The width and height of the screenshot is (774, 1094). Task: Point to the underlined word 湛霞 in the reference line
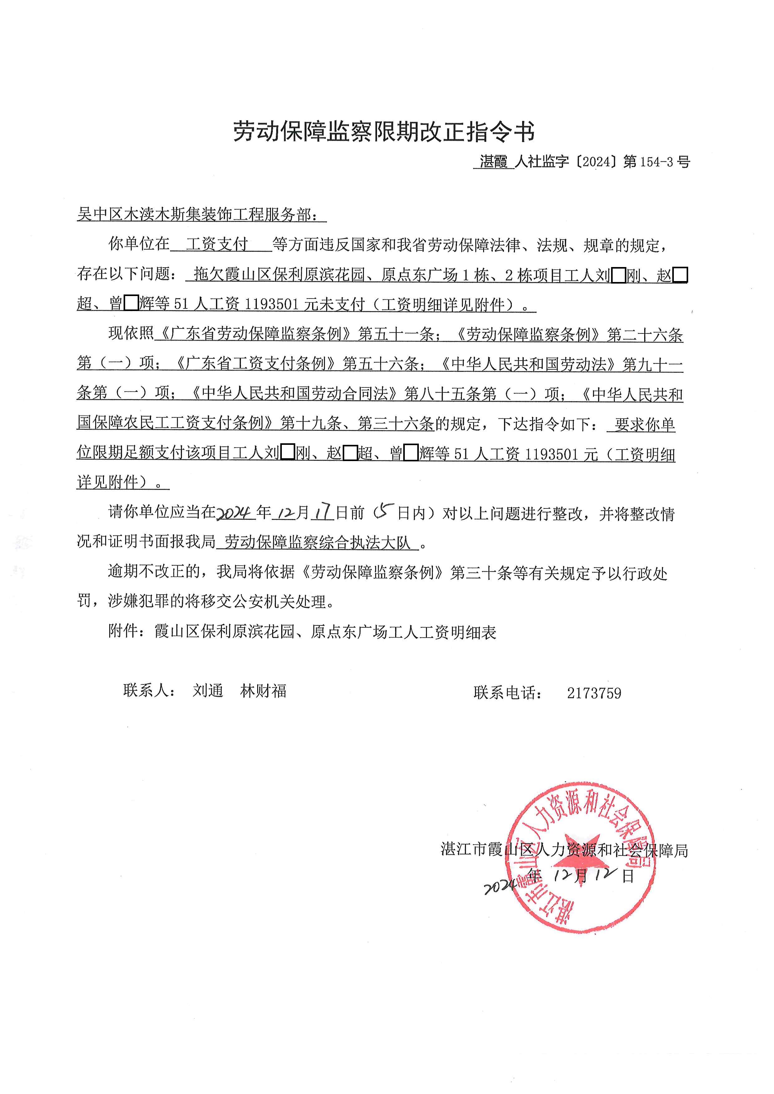494,162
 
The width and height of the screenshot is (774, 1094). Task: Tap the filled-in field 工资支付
217,245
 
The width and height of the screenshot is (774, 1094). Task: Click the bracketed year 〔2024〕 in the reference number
596,162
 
